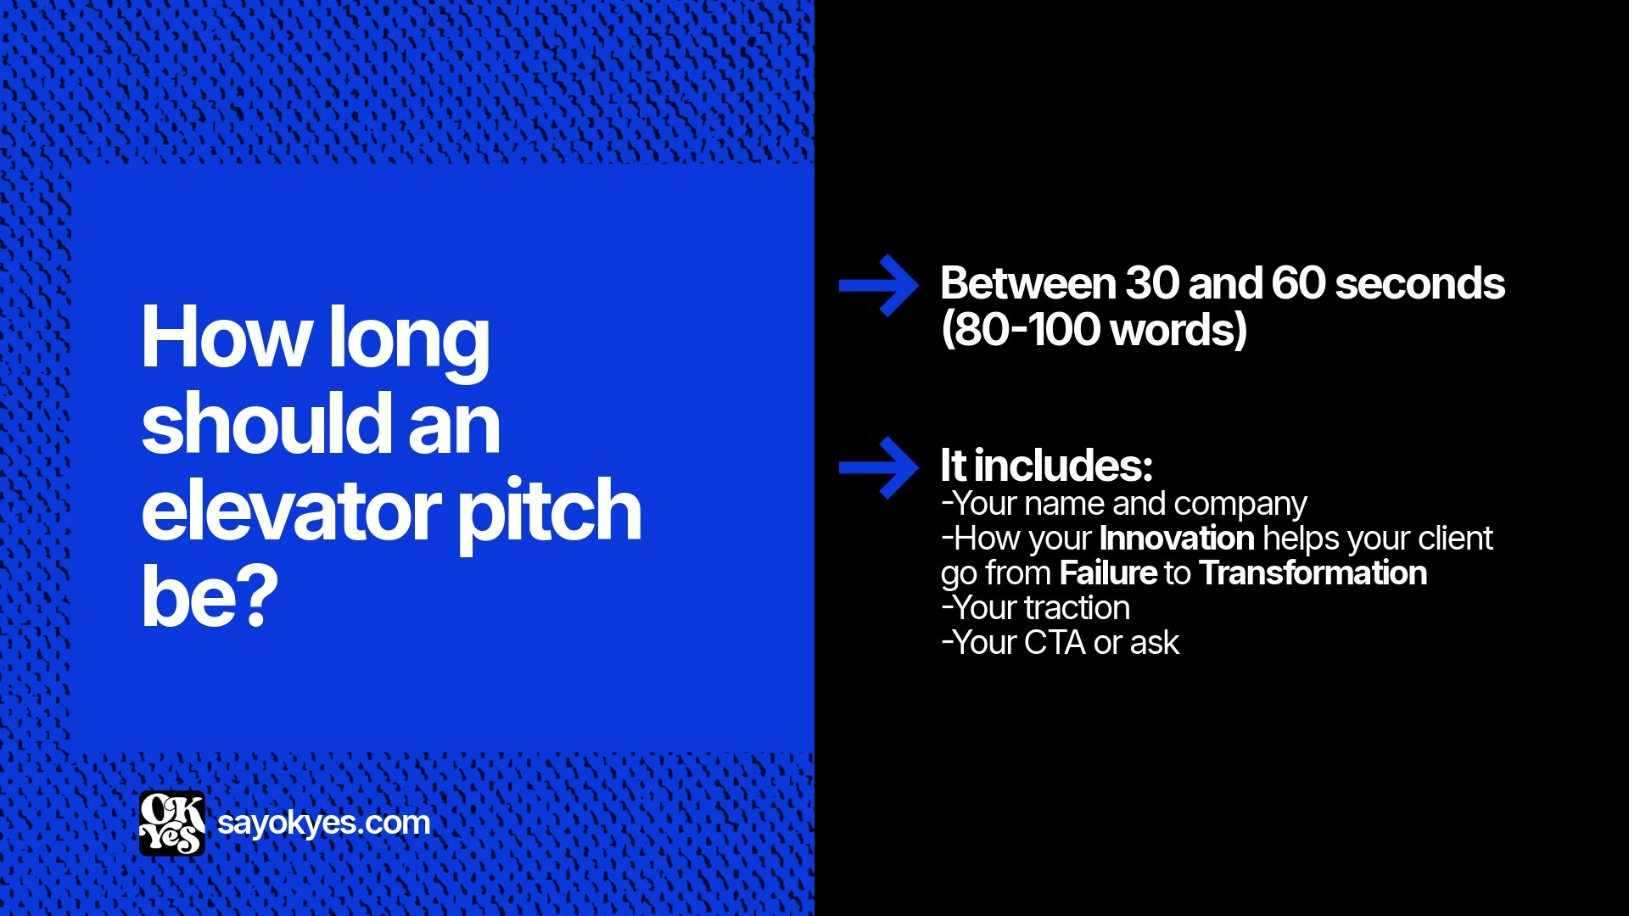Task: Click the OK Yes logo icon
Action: [172, 823]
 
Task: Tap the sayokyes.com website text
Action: [323, 823]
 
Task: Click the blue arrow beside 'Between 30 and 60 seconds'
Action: [878, 286]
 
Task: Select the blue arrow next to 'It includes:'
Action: [878, 467]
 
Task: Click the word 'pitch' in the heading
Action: [550, 511]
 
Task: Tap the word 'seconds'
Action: [1420, 283]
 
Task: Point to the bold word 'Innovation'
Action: [1177, 539]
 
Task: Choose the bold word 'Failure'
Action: [1108, 573]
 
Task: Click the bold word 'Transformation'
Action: [1313, 573]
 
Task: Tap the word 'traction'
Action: [1077, 608]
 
